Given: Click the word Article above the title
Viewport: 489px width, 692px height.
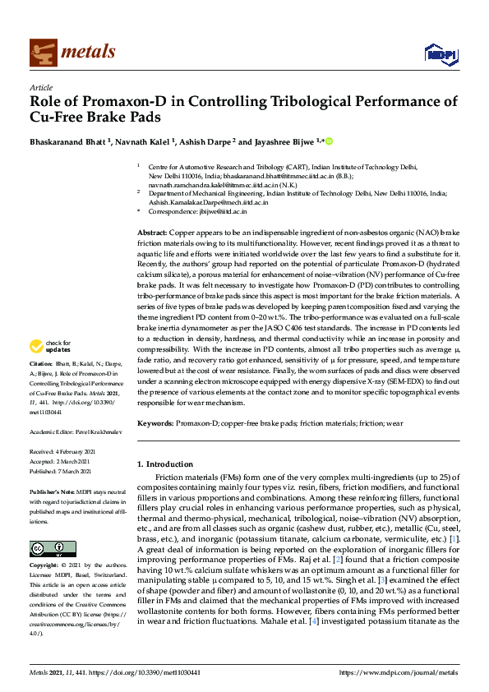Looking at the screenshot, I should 40,86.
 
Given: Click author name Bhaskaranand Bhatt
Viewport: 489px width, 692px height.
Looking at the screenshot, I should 72,141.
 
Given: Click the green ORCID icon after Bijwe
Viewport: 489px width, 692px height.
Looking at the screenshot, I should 330,141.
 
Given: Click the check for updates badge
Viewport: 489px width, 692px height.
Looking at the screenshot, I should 52,369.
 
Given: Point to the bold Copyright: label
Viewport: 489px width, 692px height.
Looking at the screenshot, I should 47,566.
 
